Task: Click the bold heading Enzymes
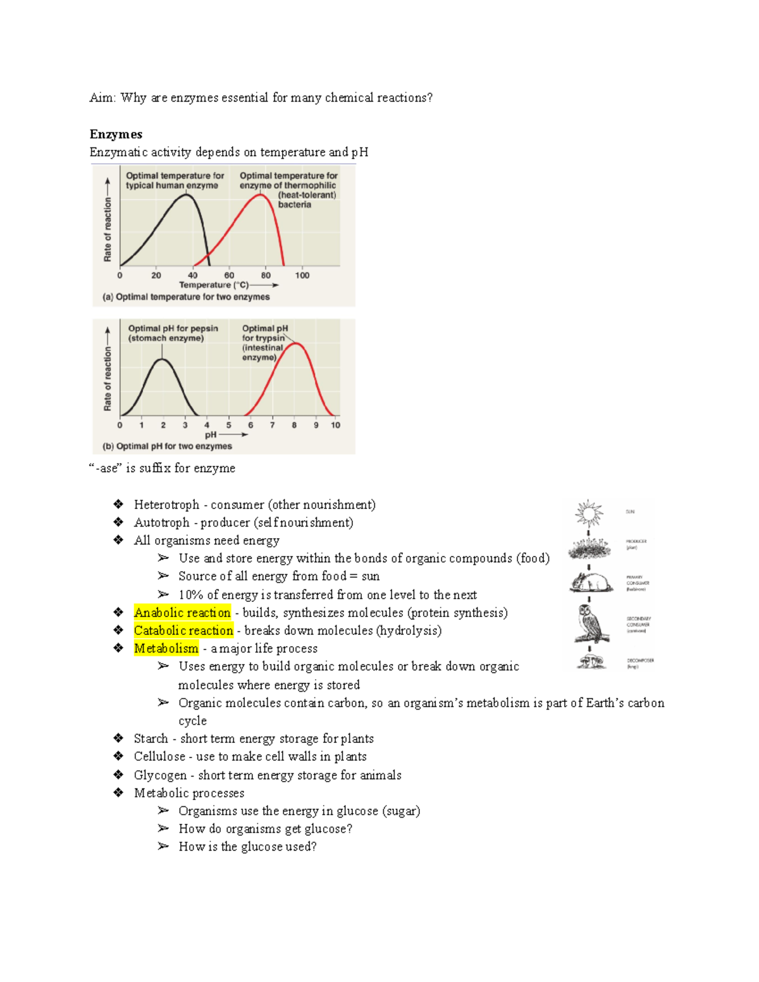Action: coord(116,134)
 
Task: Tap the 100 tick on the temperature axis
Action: coord(302,275)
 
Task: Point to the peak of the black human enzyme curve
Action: coord(187,195)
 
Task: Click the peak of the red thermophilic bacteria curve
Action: coord(261,195)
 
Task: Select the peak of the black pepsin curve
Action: coord(163,360)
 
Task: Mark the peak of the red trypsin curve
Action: coord(296,344)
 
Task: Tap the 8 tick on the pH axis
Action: coord(294,426)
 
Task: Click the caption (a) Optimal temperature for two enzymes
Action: coord(186,297)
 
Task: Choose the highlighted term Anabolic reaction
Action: coord(182,613)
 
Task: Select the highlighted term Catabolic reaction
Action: coord(183,630)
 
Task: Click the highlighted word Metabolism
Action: coord(166,648)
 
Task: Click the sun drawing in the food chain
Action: coord(589,513)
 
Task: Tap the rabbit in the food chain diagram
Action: coord(590,582)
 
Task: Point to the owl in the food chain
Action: coord(591,623)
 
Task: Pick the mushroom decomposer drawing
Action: coord(591,661)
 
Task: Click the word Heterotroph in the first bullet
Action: coord(166,505)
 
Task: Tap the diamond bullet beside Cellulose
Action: coord(118,756)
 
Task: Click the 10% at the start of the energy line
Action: coord(191,595)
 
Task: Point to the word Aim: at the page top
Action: coord(102,97)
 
